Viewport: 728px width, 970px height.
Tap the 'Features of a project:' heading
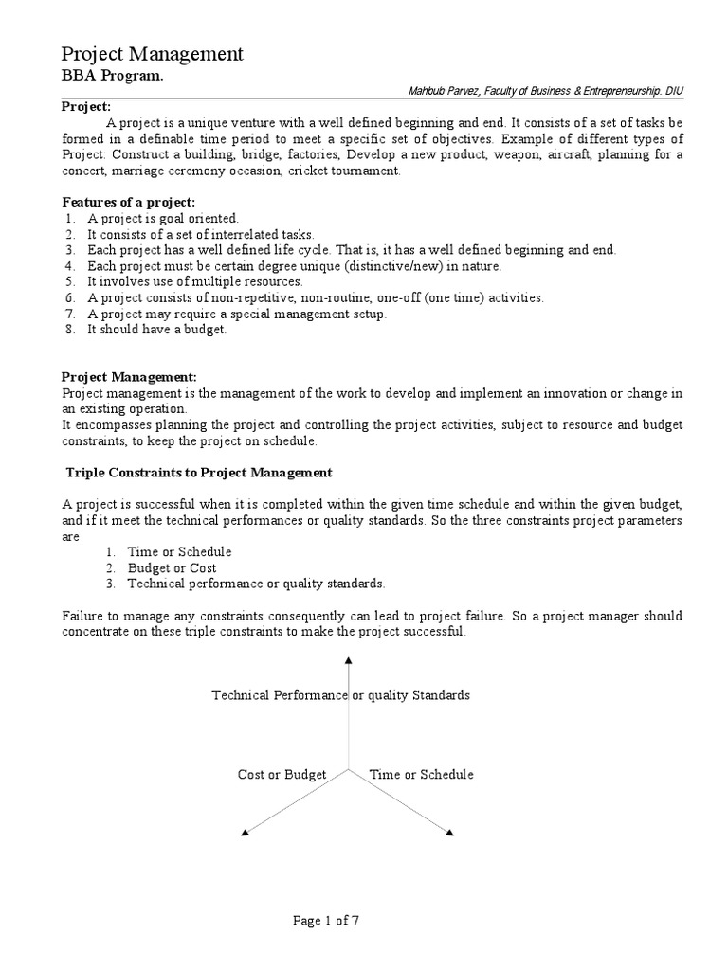[x=129, y=203]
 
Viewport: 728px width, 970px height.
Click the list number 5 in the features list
[x=69, y=281]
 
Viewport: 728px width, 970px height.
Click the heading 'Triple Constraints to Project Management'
[x=199, y=472]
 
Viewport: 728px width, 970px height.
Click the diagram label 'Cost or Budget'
[x=282, y=774]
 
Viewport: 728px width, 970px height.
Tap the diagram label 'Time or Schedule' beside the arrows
[x=421, y=774]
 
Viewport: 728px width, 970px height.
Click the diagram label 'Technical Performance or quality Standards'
[x=340, y=695]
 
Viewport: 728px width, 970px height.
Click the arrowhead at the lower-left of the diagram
[x=246, y=833]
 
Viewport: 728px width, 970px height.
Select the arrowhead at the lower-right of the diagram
[x=450, y=833]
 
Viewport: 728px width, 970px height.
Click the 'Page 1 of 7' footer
[x=326, y=920]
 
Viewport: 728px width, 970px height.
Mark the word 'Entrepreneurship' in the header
[x=613, y=91]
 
